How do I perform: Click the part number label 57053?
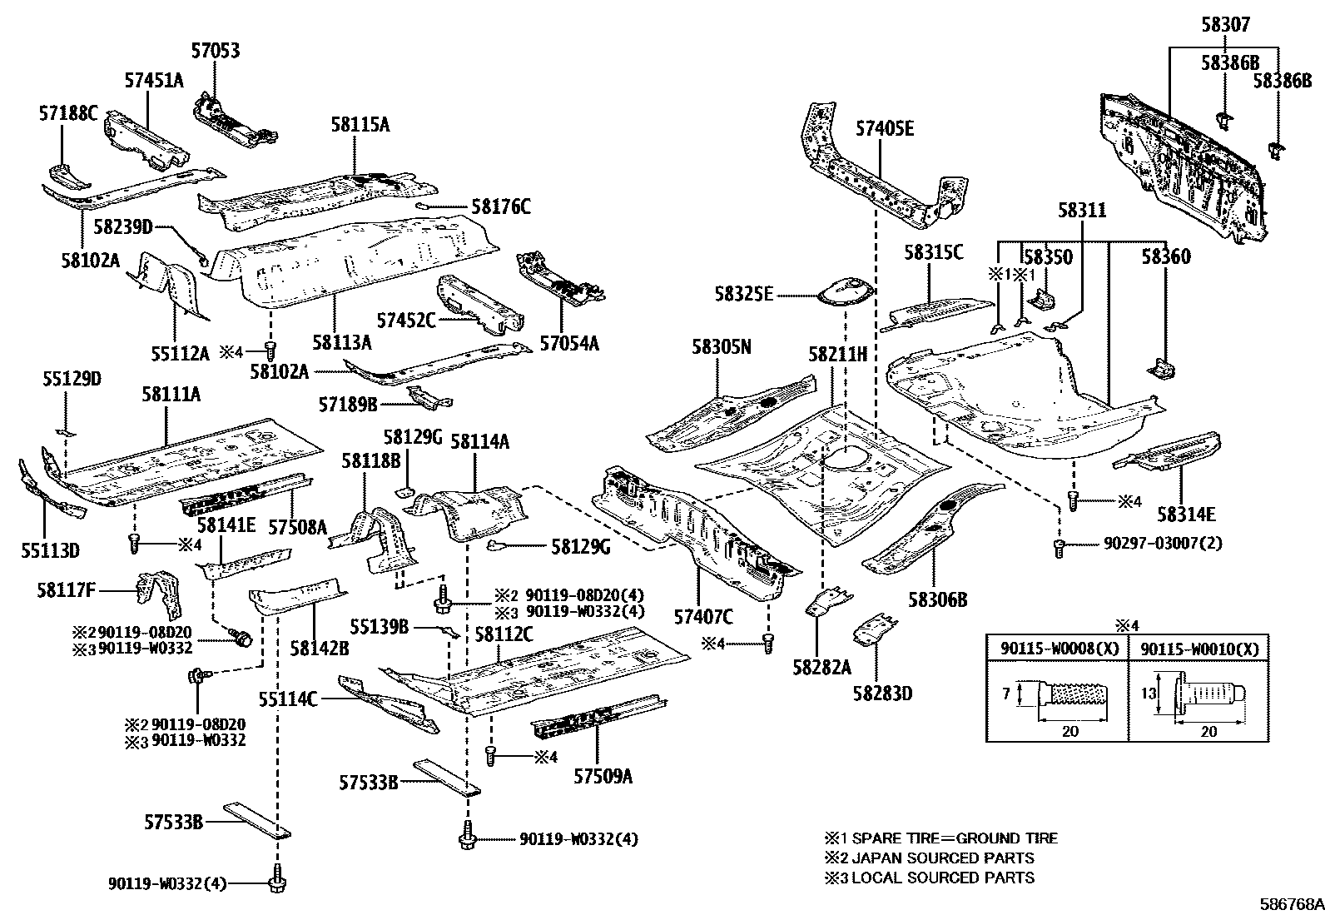(x=215, y=52)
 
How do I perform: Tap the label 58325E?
(x=743, y=294)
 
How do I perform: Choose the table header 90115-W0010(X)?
(x=1199, y=649)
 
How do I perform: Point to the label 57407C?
(x=703, y=617)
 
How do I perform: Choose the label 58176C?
(x=500, y=206)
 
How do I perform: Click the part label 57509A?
(x=603, y=776)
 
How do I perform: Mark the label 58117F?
(x=67, y=591)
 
